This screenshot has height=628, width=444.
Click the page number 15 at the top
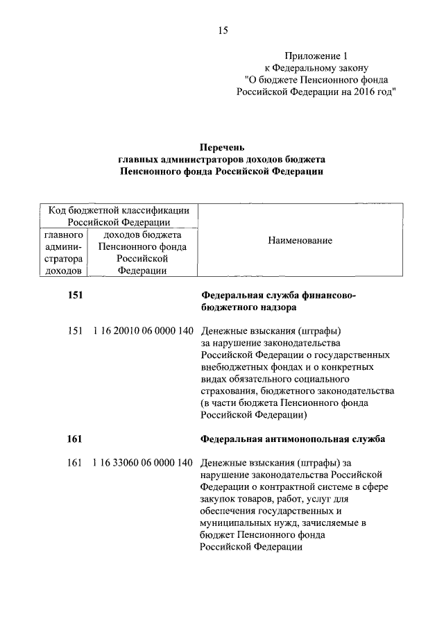223,30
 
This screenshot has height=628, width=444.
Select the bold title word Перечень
222,146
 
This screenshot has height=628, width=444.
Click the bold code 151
75,295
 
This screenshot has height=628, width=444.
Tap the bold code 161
75,439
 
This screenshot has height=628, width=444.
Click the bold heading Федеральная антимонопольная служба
293,439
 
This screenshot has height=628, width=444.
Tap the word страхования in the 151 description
227,391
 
